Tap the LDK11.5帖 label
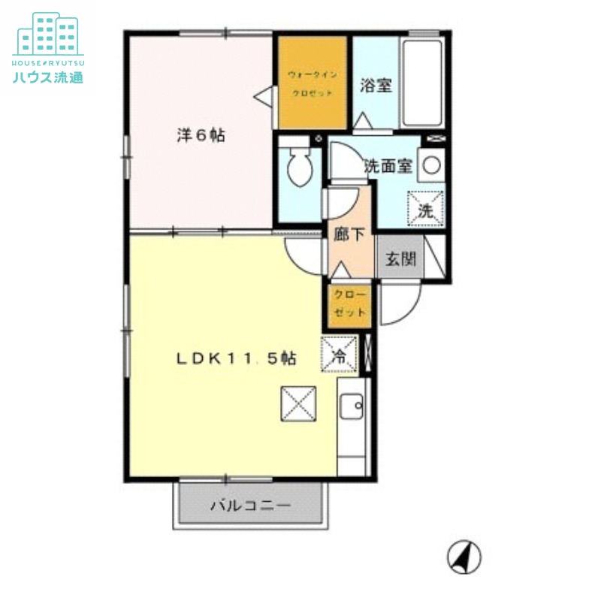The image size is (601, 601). [236, 359]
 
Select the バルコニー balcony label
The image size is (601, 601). [249, 506]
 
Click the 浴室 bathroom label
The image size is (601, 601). [376, 85]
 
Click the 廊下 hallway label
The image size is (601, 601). [349, 234]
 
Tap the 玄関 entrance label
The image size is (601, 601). [400, 259]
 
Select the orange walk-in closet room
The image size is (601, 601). [313, 83]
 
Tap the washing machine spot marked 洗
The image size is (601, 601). [425, 209]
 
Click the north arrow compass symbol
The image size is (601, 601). [464, 557]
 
